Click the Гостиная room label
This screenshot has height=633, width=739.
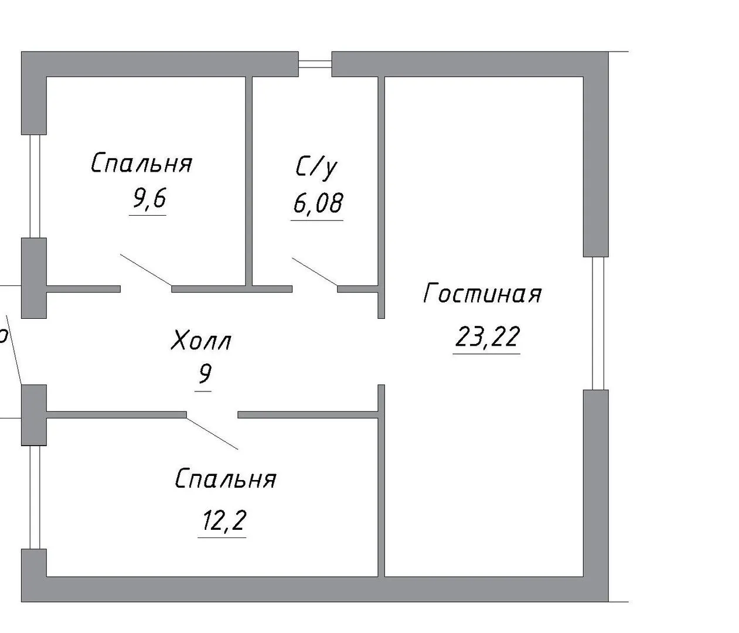[483, 293]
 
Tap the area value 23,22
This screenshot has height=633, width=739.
[486, 337]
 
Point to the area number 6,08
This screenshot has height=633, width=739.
[318, 203]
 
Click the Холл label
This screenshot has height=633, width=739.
[201, 340]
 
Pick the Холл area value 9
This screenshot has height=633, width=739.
[205, 374]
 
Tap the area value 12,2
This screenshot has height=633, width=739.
[224, 520]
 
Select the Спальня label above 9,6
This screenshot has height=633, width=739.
[142, 163]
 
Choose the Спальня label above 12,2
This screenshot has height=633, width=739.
[226, 479]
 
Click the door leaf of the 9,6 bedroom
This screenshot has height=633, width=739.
[146, 270]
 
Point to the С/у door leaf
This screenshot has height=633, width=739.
[315, 272]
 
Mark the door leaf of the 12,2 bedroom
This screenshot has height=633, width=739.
[212, 434]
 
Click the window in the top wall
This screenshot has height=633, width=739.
[315, 64]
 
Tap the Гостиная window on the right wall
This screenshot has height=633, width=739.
[598, 324]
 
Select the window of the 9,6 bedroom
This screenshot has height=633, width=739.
[35, 186]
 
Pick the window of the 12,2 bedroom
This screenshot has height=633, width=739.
[35, 498]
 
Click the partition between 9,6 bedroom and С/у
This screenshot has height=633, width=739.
[249, 181]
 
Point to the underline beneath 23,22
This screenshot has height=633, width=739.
[486, 353]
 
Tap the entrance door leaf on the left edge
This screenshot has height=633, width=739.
[14, 350]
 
